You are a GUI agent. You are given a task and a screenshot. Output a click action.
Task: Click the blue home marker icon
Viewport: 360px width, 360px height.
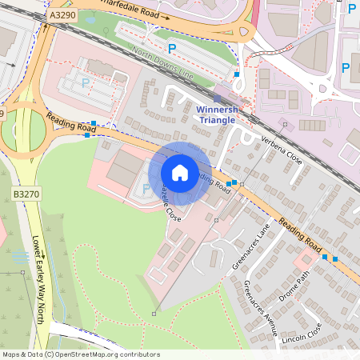180,173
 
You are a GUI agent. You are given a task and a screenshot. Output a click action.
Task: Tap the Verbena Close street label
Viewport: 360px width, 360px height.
282,150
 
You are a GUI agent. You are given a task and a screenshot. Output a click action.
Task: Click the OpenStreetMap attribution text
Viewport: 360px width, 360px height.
81,354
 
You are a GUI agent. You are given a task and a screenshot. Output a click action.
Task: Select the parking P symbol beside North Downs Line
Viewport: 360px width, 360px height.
170,48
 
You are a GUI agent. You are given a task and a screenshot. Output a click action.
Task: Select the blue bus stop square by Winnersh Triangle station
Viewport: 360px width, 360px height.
237,74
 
